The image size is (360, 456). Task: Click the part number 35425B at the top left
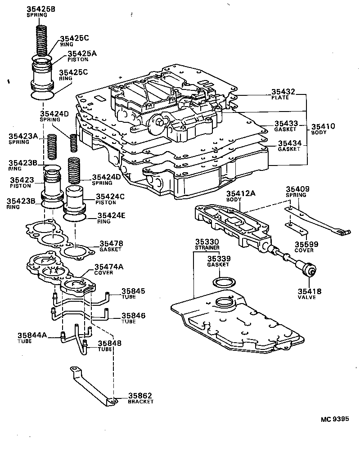tap(39, 9)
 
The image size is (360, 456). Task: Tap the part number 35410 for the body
tap(323, 126)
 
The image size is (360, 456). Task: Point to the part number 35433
tap(286, 123)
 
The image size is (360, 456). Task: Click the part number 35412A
tap(241, 193)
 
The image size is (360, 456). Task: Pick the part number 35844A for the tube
tap(32, 335)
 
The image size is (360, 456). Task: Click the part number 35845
tap(133, 291)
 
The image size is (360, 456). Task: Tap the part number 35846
tap(133, 316)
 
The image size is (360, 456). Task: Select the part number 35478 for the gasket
tap(111, 243)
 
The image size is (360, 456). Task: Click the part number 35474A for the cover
tap(108, 267)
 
